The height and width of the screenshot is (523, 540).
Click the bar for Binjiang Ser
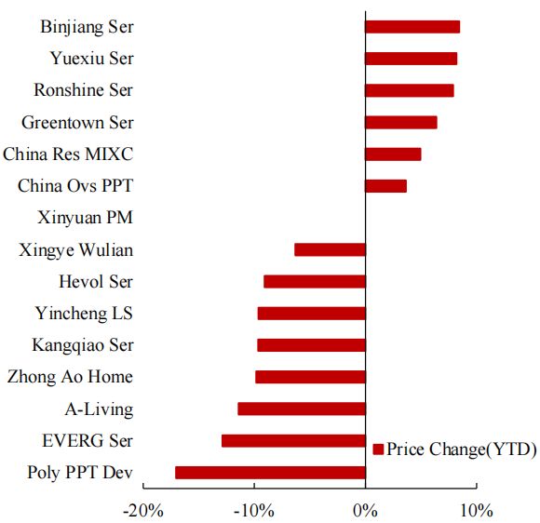point(412,27)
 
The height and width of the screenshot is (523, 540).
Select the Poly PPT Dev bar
point(270,473)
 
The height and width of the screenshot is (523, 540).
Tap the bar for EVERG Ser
point(293,441)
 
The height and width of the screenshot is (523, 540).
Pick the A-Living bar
point(302,409)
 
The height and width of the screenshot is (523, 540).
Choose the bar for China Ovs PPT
point(385,186)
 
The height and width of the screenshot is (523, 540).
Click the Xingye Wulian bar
point(330,249)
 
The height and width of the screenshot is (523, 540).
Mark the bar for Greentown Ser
point(400,123)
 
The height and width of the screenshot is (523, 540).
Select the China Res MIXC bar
point(393,154)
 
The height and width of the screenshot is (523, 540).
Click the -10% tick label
point(254,510)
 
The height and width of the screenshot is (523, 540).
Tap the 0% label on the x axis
point(365,510)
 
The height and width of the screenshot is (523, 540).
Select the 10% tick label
point(475,510)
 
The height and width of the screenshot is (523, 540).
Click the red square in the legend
point(378,450)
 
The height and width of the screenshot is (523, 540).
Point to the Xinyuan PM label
point(86,218)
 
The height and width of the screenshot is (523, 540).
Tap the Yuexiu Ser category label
point(91,59)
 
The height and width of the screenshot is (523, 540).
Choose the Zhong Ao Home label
point(70,377)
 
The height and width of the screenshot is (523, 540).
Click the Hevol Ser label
point(95,281)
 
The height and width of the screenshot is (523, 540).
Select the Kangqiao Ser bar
point(311,345)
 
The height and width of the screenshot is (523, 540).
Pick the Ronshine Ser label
point(83,90)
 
